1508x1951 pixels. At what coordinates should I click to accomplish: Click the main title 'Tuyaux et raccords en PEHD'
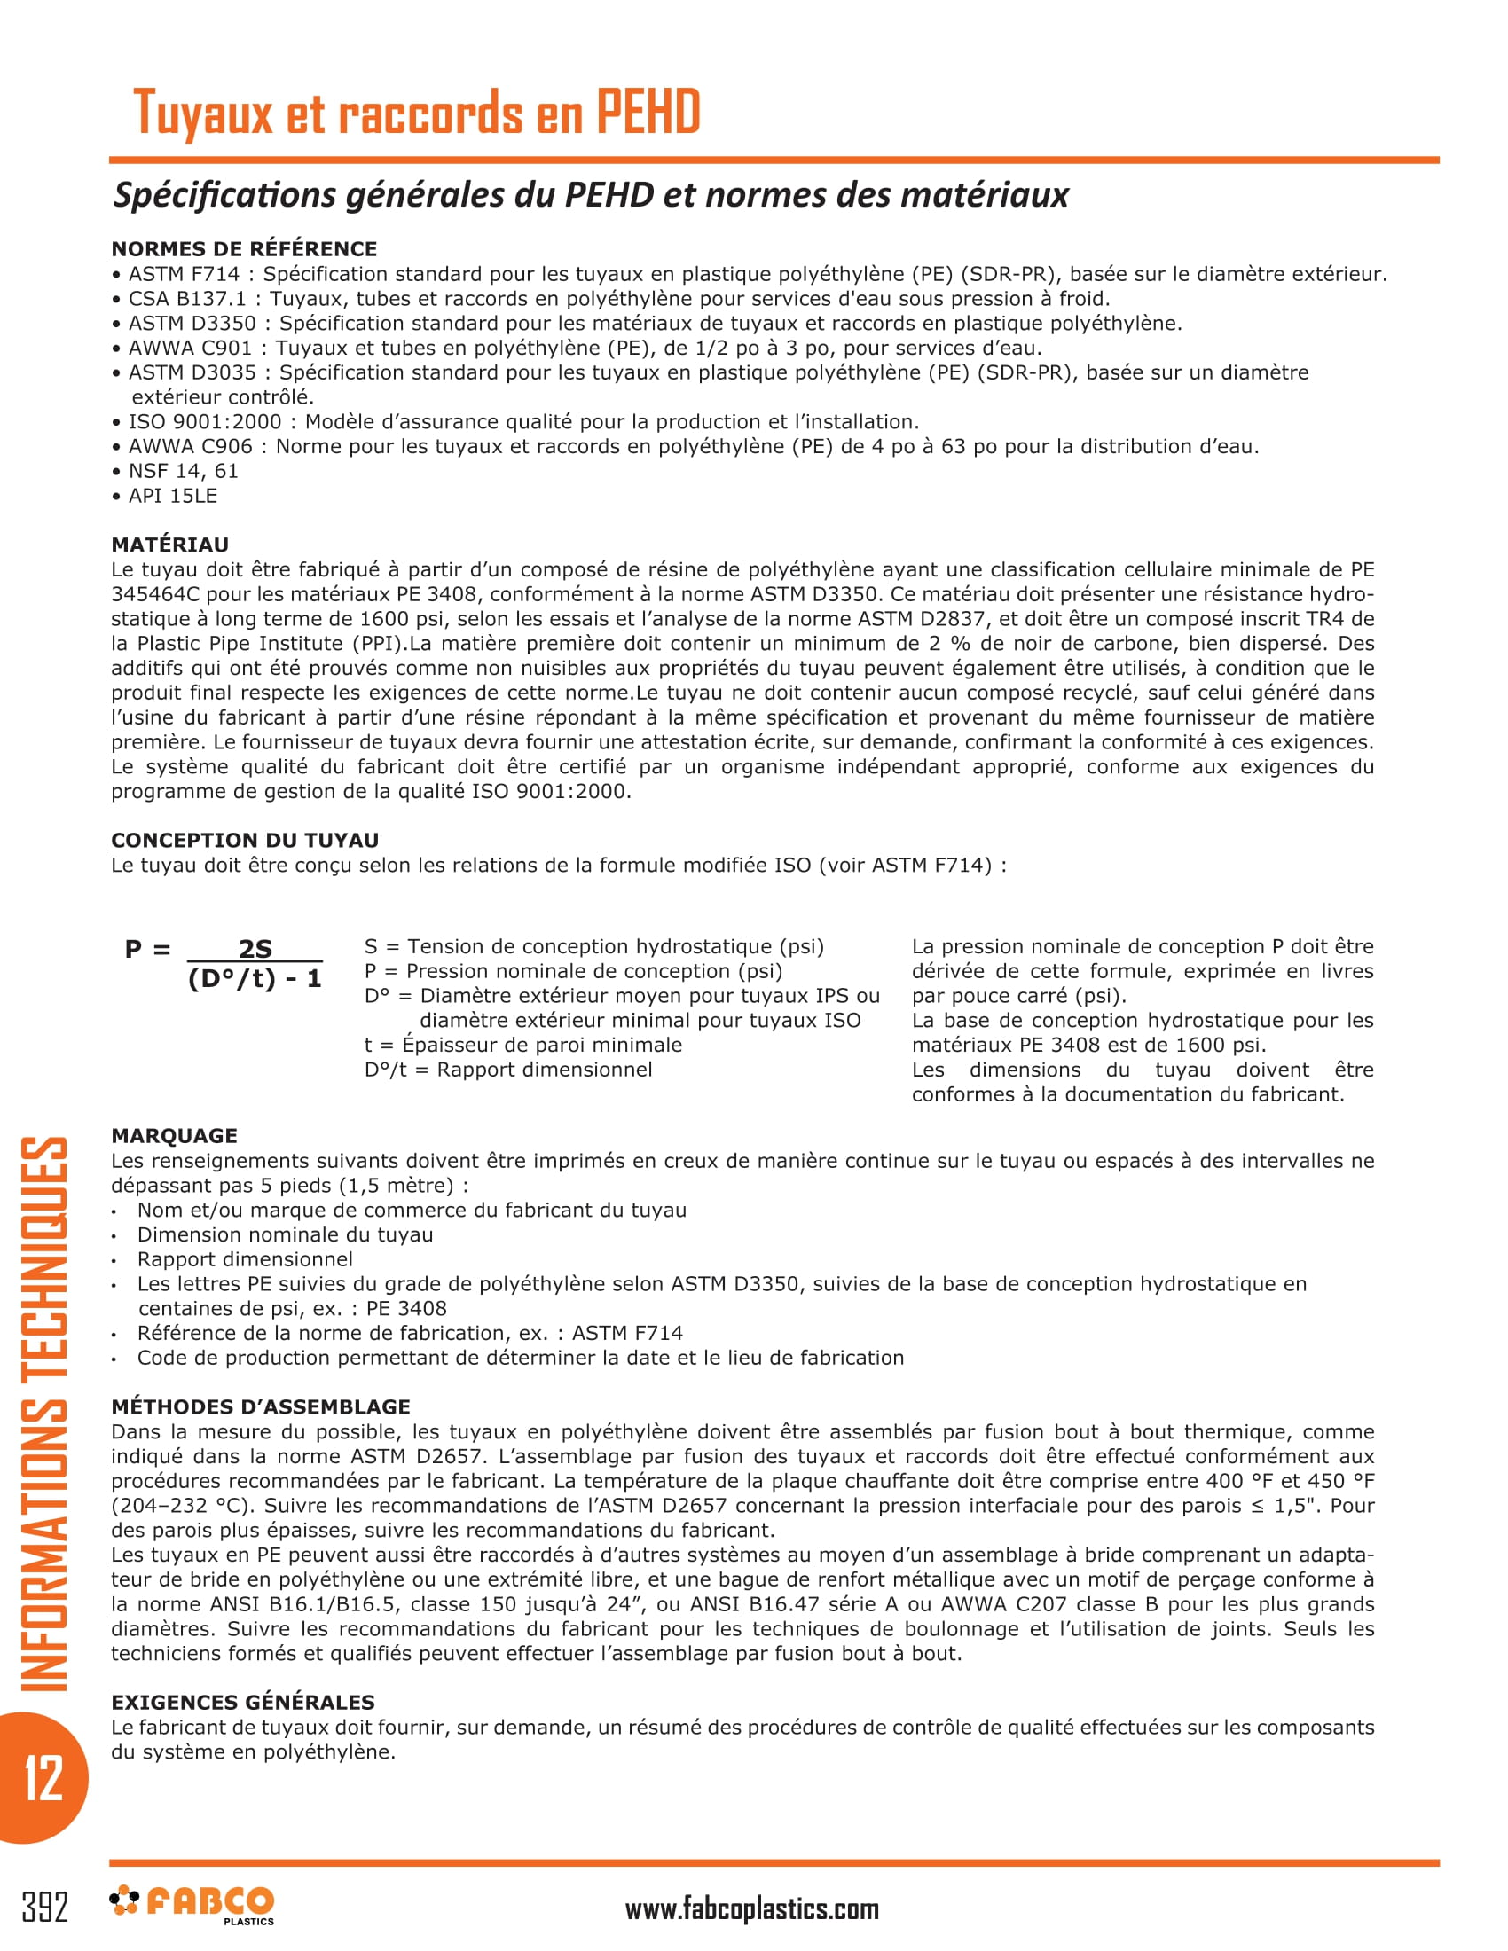point(416,113)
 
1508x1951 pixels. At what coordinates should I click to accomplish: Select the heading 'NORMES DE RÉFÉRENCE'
point(244,249)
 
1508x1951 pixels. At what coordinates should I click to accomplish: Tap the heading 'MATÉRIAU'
point(169,545)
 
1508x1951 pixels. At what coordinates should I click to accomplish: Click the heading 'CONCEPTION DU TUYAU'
point(245,841)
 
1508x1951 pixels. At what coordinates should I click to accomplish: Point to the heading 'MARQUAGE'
point(174,1136)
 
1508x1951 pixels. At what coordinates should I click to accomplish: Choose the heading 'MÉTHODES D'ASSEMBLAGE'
point(260,1407)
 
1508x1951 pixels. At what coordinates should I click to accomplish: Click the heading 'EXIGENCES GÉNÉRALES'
point(243,1703)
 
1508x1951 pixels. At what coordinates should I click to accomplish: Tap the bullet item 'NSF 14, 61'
point(183,472)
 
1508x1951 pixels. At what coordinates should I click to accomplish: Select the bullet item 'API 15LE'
point(172,496)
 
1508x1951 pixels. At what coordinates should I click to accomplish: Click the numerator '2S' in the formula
point(255,949)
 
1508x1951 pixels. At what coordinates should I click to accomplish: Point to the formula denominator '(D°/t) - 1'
point(255,979)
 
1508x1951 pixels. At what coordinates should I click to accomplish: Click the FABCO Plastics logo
point(192,1905)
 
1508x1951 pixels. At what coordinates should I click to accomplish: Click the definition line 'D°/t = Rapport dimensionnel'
point(508,1070)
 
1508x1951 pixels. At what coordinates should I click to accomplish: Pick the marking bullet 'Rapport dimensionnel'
point(245,1259)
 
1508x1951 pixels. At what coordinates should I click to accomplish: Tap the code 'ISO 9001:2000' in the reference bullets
point(205,422)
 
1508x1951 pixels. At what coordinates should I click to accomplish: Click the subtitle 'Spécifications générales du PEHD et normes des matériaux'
point(591,196)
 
